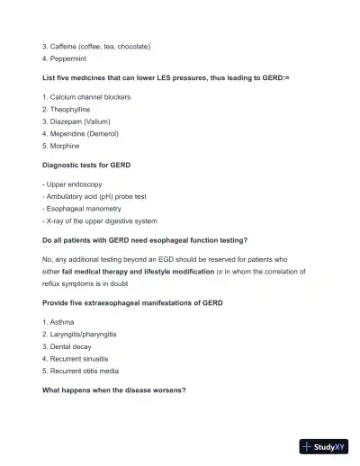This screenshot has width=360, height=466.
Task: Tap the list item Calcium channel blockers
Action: click(90, 95)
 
